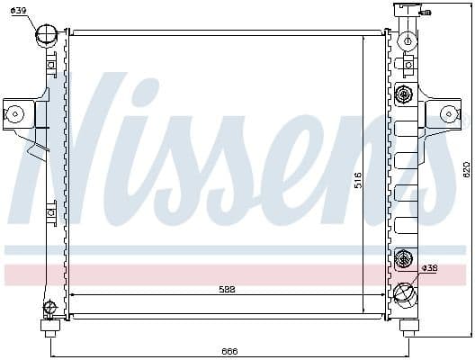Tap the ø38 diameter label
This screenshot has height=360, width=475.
431,267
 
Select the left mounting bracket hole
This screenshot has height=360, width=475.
14,113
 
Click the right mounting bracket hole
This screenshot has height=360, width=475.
447,113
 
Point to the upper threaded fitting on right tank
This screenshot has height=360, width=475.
403,95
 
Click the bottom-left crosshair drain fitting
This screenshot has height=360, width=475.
49,308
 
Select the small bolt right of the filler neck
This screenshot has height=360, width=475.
426,13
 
